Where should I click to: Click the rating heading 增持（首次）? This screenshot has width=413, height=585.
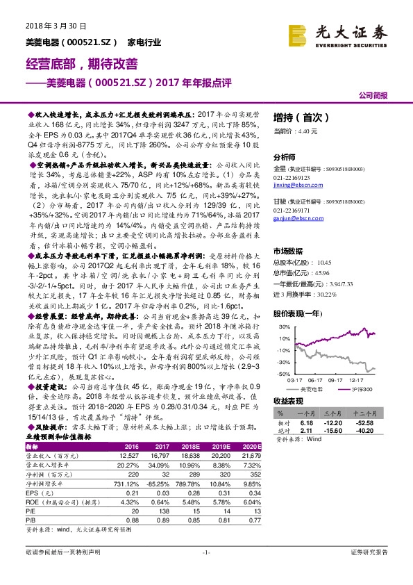click(297, 117)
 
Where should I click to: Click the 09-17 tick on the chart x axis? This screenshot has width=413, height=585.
click(335, 379)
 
